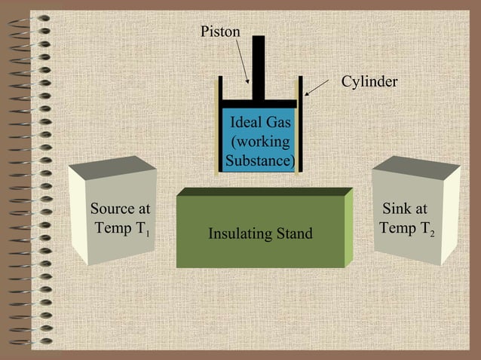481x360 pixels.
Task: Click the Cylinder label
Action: click(x=369, y=81)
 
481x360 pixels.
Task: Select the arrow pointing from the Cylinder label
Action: click(x=317, y=88)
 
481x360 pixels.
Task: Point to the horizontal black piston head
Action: click(x=259, y=102)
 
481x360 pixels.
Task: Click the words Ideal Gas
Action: click(x=260, y=123)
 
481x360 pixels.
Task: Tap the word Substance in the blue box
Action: click(x=259, y=160)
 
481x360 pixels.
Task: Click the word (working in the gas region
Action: click(x=260, y=142)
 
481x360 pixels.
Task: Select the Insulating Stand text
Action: click(x=260, y=234)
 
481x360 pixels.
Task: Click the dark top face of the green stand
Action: click(x=264, y=192)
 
